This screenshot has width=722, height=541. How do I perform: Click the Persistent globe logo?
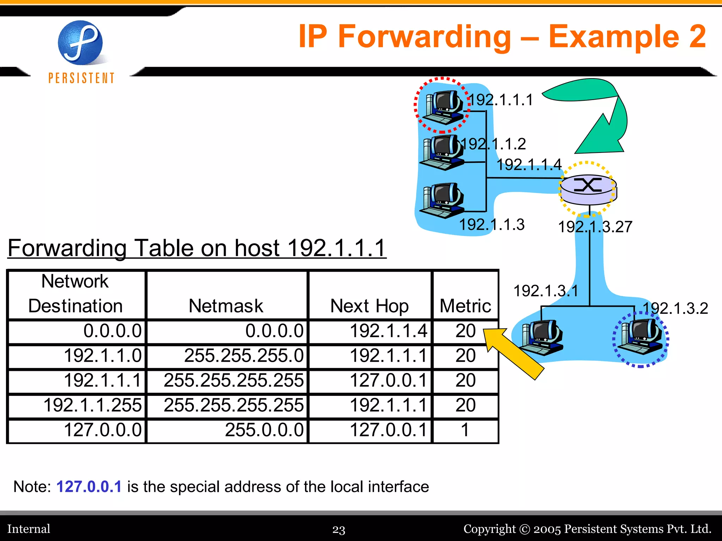(x=80, y=43)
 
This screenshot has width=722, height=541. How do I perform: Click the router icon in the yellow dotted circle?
(x=588, y=189)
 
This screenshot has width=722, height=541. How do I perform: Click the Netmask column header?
(x=226, y=305)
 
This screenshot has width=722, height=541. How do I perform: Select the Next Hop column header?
(x=369, y=305)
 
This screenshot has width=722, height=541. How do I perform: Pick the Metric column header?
(x=465, y=305)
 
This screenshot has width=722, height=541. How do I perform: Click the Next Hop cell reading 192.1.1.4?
(x=388, y=331)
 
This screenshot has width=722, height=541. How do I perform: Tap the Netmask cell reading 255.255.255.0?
(x=244, y=356)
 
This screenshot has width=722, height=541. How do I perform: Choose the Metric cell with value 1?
(x=465, y=430)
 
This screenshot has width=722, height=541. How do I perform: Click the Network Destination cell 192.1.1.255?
(x=92, y=405)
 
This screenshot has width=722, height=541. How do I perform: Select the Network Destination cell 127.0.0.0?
(x=103, y=430)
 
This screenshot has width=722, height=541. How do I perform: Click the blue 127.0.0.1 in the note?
(x=89, y=487)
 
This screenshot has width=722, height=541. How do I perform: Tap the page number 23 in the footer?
(x=339, y=529)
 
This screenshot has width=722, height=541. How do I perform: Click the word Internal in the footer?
(x=29, y=529)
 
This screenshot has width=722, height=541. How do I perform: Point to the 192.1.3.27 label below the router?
(x=595, y=227)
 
